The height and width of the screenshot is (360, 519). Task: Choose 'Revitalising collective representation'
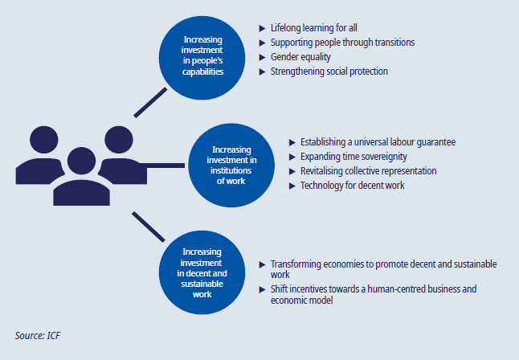369,171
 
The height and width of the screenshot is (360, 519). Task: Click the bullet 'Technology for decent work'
352,186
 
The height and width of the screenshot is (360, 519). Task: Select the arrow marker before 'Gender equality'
261,57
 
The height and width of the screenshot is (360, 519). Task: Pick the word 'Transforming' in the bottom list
298,264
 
